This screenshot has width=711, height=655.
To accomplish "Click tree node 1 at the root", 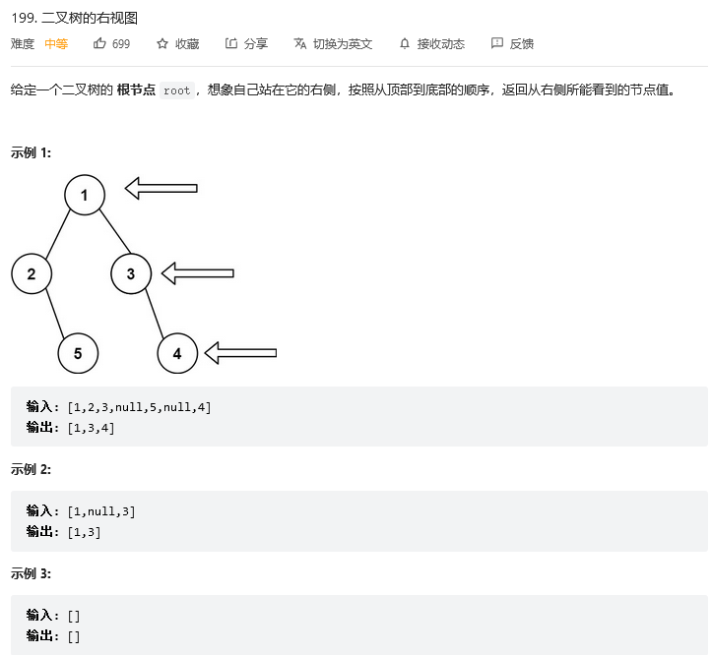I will click(x=85, y=195).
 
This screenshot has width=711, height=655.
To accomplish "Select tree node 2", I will click(x=32, y=273).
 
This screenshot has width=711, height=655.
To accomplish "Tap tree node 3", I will click(x=131, y=273).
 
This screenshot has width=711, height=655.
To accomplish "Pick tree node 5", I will click(x=78, y=353).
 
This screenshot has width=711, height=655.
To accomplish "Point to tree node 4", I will click(x=177, y=353).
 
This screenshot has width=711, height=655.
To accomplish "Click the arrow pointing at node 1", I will click(x=162, y=188).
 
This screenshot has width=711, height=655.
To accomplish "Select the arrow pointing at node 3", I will click(x=198, y=272).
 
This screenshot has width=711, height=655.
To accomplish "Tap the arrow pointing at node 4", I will click(x=240, y=352).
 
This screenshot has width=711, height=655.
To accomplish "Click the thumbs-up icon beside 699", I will click(x=99, y=43).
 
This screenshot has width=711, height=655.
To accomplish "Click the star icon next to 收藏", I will click(x=162, y=43).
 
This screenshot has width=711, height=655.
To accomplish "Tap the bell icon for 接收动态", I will click(x=404, y=43).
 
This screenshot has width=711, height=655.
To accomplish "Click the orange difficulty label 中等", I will click(x=56, y=43).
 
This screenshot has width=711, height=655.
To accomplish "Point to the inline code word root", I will click(x=177, y=90).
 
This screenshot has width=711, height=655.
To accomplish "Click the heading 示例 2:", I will click(x=32, y=469).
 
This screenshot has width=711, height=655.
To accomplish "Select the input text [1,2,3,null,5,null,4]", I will click(x=139, y=407).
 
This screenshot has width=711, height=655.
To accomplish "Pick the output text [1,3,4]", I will click(x=91, y=428).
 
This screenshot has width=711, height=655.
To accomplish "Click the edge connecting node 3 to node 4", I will click(x=155, y=313).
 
